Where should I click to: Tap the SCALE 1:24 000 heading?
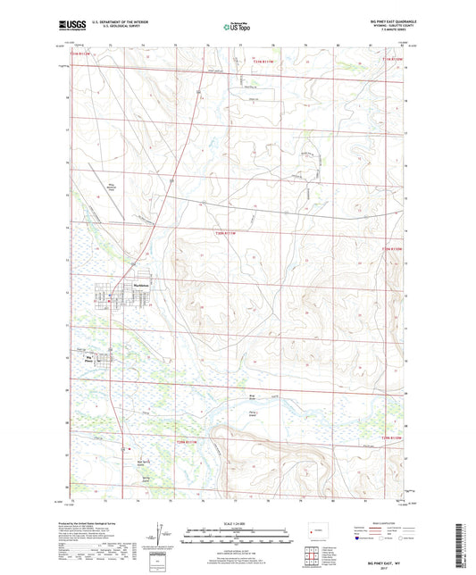tap(238, 522)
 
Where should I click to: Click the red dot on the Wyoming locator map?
tap(313, 534)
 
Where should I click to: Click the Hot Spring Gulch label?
tap(121, 464)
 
